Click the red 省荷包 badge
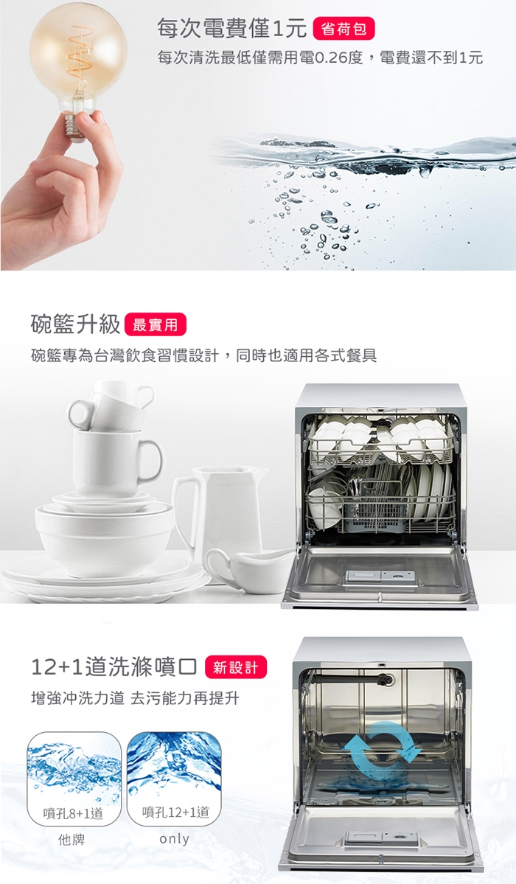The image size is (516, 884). (344, 29)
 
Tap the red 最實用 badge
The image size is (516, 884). (155, 324)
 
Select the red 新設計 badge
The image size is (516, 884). (237, 667)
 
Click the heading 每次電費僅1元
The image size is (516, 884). (231, 28)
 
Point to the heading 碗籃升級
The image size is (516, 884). (75, 324)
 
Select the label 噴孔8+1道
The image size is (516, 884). (74, 813)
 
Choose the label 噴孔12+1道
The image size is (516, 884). (175, 812)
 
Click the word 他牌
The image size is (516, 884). (72, 840)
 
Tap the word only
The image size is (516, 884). (174, 839)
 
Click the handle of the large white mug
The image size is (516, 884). (150, 461)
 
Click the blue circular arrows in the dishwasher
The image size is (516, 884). (380, 754)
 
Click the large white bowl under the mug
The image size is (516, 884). (105, 537)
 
